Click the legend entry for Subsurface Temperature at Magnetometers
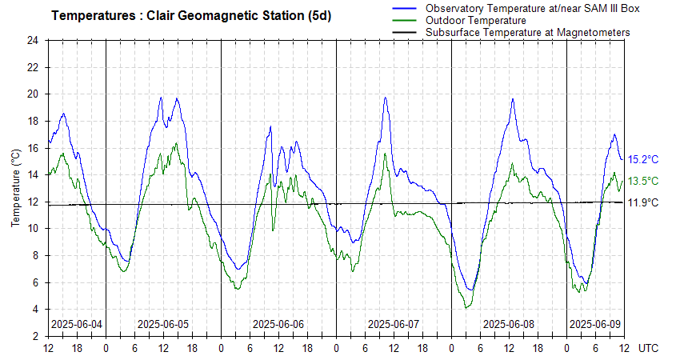(527, 32)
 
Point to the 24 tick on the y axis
(32, 40)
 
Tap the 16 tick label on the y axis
(32, 148)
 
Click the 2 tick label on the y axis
(35, 336)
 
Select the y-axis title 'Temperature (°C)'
(16, 187)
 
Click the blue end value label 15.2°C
(643, 159)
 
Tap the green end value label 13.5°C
(643, 182)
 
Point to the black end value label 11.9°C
(643, 202)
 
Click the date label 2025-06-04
(76, 324)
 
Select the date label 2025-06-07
(393, 324)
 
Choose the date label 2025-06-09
(594, 324)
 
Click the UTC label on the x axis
(650, 348)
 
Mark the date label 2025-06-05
(163, 324)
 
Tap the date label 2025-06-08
(509, 324)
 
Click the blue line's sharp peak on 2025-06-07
(385, 98)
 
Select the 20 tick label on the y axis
(32, 94)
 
